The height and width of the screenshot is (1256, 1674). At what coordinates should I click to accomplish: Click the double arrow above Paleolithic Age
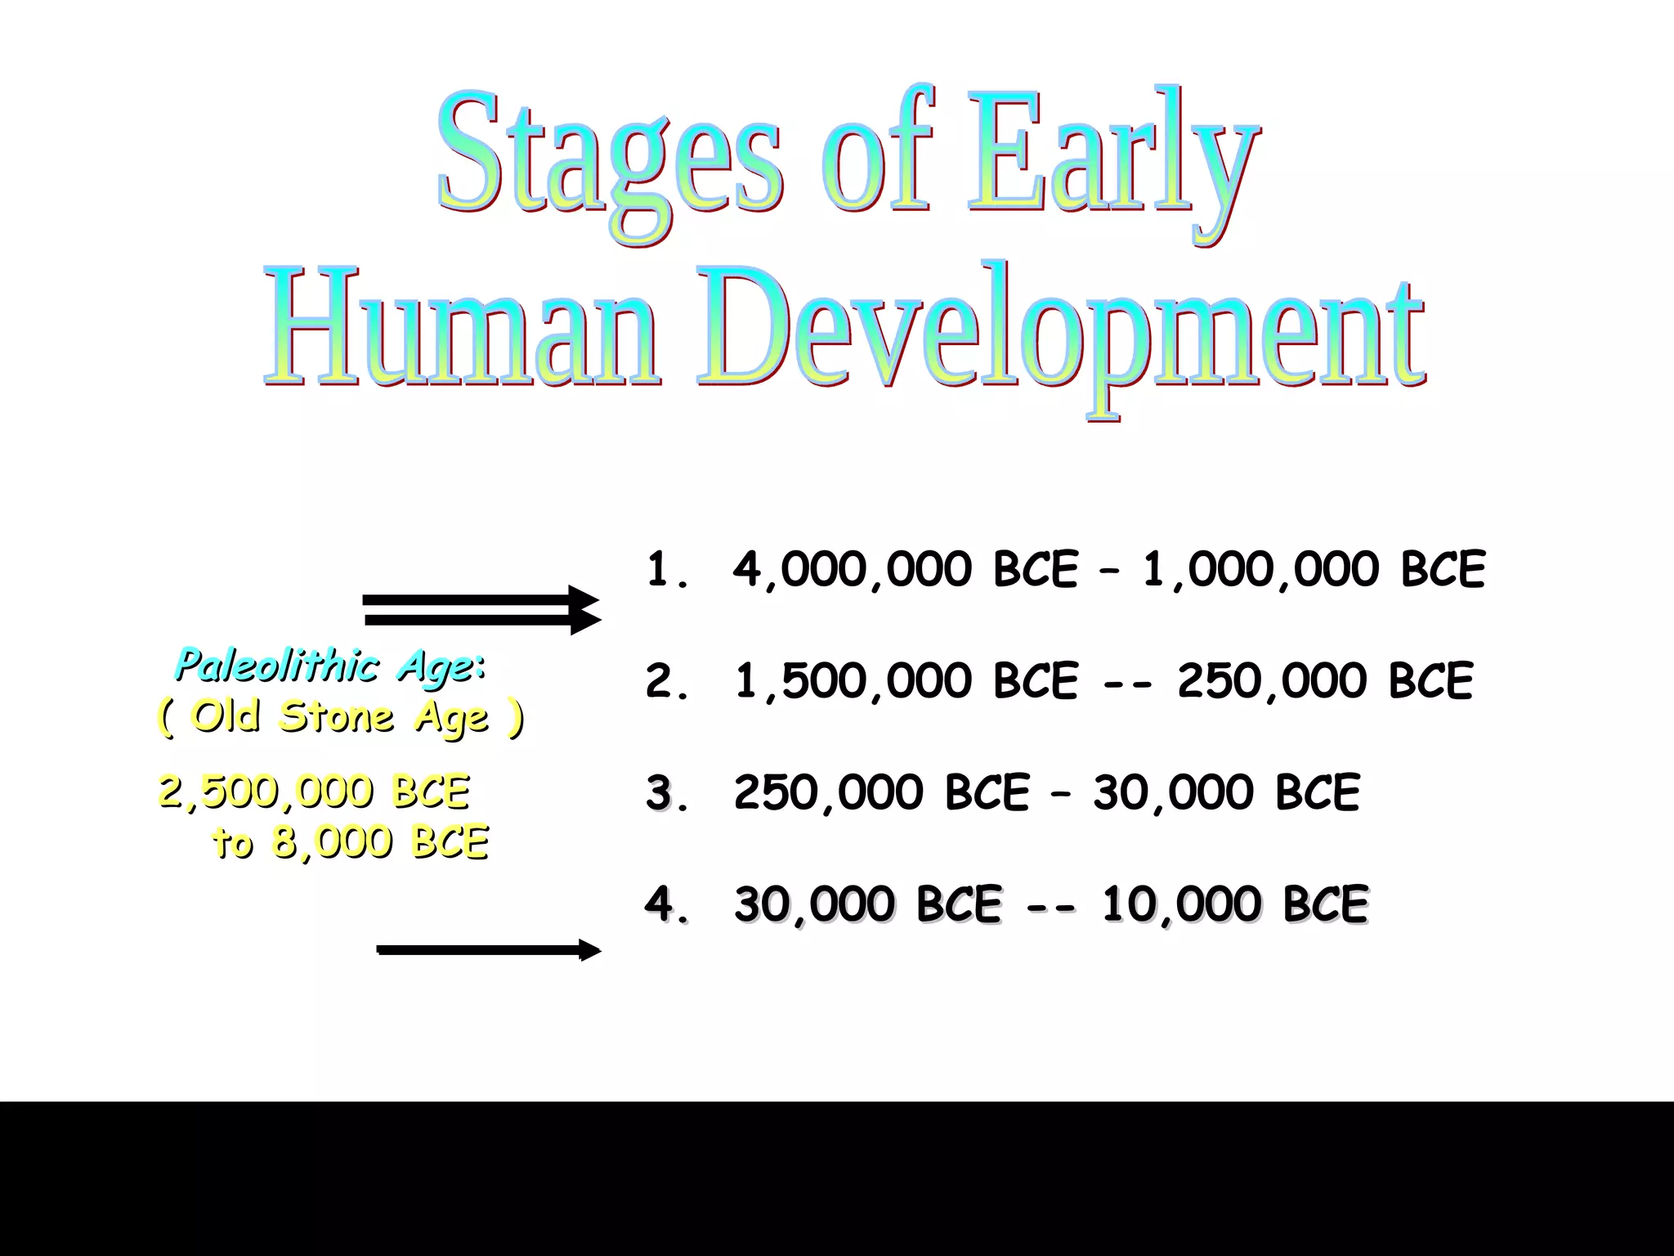482,610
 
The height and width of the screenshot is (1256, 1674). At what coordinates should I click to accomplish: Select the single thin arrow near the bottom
488,950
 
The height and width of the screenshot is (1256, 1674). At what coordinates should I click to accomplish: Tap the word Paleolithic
278,666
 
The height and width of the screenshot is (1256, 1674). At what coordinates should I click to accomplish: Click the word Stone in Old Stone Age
337,717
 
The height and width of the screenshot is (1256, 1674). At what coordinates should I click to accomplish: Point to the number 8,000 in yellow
332,842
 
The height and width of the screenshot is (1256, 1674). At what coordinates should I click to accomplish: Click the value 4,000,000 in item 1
853,570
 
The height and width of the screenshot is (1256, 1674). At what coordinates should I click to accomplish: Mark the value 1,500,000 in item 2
853,681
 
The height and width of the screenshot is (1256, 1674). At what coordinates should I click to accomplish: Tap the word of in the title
879,155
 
